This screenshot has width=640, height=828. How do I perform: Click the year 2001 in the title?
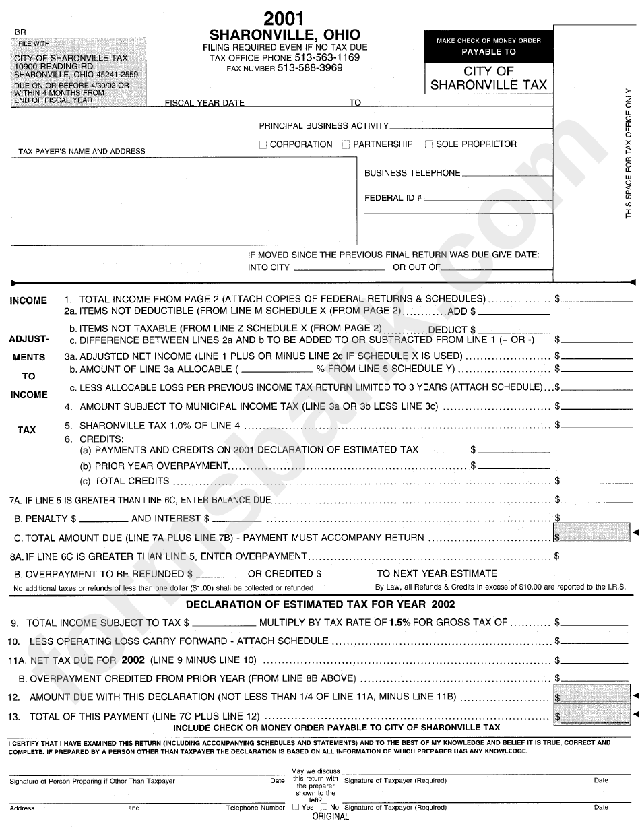(284, 18)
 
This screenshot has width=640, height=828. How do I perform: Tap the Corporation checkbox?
(263, 144)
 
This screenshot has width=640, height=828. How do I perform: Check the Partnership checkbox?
(346, 144)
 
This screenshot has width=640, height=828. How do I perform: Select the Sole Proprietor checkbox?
(429, 144)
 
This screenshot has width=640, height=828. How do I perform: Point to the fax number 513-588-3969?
(310, 69)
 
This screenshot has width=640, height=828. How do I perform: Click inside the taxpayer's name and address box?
(183, 201)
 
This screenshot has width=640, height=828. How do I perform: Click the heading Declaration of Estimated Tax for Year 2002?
(320, 604)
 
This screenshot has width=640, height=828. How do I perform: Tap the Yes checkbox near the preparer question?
(296, 807)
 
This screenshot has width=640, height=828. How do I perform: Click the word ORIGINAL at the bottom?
(330, 817)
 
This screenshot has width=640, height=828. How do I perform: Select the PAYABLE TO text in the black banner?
(488, 52)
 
